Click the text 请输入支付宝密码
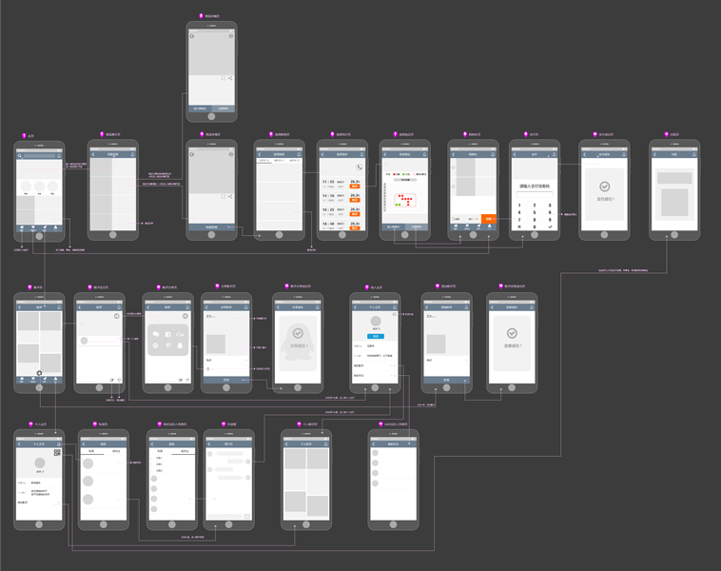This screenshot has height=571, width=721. (x=535, y=187)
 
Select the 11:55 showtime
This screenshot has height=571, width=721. (x=327, y=182)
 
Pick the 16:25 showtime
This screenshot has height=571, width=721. (x=327, y=210)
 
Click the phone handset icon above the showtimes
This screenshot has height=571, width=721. (x=360, y=167)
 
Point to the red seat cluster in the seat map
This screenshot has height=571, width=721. (x=405, y=201)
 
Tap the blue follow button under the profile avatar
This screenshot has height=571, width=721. (x=376, y=336)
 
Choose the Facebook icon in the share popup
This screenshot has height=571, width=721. (x=168, y=334)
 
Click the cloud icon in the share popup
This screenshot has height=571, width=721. (x=181, y=334)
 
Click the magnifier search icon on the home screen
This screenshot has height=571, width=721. (x=20, y=155)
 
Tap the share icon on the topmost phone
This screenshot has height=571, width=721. (x=231, y=78)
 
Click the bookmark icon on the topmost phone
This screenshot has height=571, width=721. (x=224, y=78)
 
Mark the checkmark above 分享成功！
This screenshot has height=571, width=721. (x=299, y=334)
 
